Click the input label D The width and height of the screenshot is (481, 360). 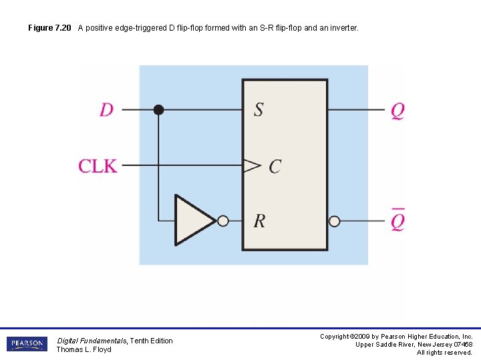[107, 109]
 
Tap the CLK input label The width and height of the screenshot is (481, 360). [98, 165]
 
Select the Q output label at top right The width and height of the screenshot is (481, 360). [397, 110]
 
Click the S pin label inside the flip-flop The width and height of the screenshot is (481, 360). [259, 109]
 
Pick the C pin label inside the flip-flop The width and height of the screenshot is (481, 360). [275, 166]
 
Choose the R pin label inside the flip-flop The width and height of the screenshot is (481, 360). [259, 221]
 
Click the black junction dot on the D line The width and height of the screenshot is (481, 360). [158, 110]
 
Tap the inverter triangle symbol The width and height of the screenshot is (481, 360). [192, 220]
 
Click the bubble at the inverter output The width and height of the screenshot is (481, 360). [223, 221]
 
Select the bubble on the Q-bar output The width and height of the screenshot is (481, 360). [335, 221]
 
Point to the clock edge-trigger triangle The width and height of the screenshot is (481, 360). [251, 165]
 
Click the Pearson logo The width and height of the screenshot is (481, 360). [27, 344]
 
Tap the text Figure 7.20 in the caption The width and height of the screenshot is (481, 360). [49, 29]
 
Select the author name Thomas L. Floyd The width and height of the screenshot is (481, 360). [84, 350]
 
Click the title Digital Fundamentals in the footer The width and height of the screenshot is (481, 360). [85, 341]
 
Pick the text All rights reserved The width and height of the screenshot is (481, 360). [444, 353]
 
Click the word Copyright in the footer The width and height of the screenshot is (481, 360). [335, 337]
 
